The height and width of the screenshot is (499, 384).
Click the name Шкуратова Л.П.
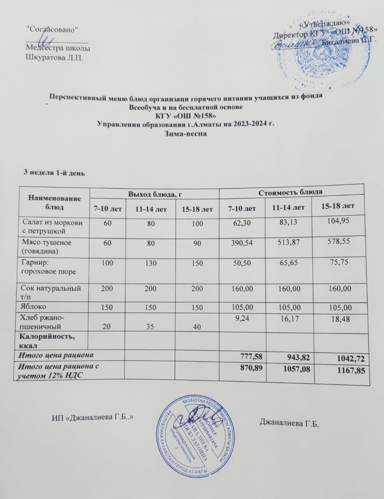pos(54,58)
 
